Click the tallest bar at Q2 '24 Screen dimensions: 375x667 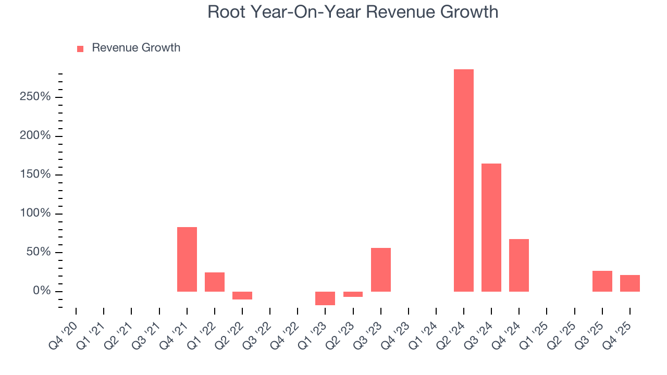463,180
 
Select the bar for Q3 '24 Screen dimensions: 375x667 491,228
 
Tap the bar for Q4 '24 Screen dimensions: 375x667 518,265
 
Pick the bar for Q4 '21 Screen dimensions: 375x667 187,259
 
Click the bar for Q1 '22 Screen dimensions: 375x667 214,282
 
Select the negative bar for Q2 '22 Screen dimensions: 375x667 242,295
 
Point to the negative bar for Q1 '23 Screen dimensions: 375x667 325,298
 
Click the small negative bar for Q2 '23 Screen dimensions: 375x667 353,294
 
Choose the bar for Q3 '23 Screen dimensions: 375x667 380,270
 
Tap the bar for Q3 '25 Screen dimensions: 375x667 602,281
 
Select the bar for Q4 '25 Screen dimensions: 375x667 629,283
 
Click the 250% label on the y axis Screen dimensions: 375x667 36,97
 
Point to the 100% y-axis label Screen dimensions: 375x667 36,214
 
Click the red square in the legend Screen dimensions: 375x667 80,48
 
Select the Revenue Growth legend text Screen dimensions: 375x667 136,48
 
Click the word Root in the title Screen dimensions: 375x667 224,11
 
